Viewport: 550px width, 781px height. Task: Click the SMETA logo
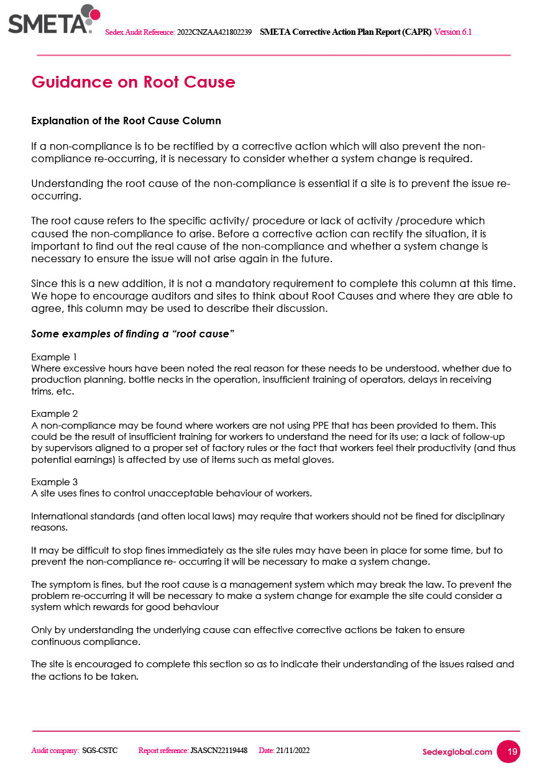point(53,20)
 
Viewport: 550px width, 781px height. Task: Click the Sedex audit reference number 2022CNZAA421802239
point(214,32)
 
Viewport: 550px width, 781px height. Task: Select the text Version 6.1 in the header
point(452,32)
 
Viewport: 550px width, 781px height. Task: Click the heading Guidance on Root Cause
point(133,82)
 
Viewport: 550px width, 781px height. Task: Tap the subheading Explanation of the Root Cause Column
point(126,121)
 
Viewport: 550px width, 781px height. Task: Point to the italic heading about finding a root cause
point(132,334)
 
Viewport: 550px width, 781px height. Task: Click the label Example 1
point(54,357)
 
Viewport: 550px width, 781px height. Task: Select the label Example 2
point(54,414)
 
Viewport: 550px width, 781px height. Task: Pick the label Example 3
point(54,482)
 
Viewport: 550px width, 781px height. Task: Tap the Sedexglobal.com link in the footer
point(457,752)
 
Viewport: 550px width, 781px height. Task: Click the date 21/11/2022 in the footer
point(293,751)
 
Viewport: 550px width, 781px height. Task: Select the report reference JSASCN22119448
point(219,751)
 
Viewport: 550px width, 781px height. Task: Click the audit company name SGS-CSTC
point(100,751)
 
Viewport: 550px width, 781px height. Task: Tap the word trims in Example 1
point(42,391)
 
